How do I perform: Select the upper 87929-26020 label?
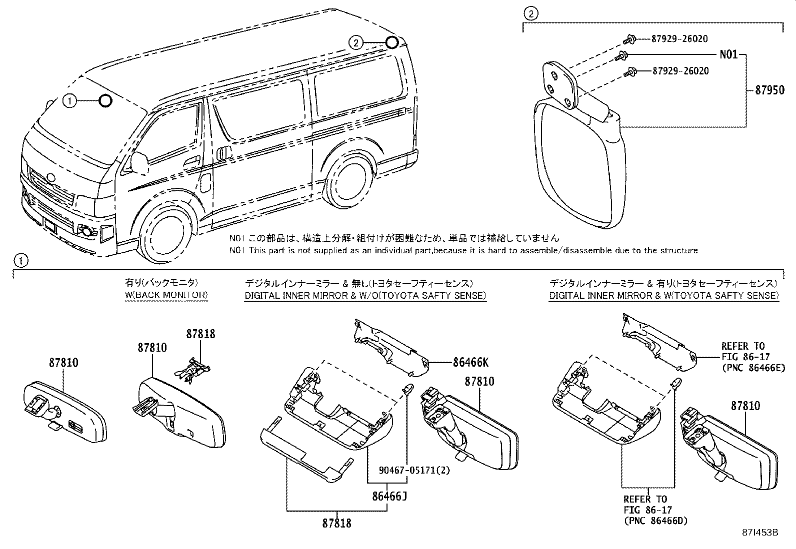[679, 39]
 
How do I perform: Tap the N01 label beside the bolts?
[728, 54]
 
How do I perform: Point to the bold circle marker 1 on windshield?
[105, 101]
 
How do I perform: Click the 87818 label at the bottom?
[336, 523]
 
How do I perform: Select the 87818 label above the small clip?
[201, 334]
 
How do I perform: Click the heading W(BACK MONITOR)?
[166, 295]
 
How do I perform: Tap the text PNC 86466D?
[655, 521]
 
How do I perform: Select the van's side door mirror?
[139, 163]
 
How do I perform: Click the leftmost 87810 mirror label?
[63, 363]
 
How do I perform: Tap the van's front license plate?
[51, 225]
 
